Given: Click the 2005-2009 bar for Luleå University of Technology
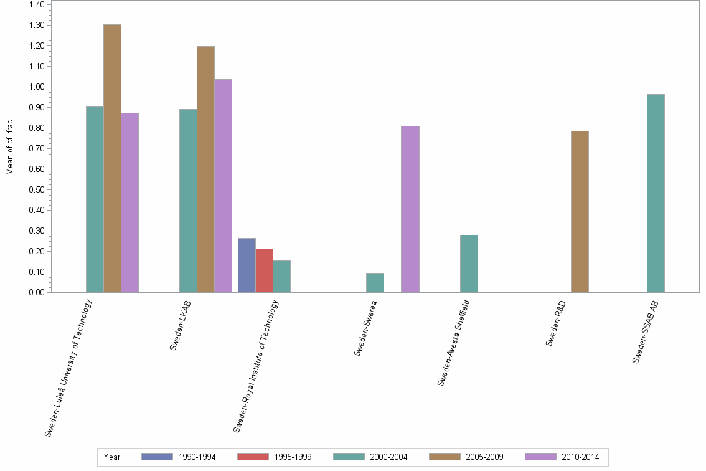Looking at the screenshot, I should point(112,158).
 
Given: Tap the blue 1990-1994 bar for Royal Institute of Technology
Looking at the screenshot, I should point(247,265).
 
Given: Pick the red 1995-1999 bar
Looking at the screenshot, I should point(264,270).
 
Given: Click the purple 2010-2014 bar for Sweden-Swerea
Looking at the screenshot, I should point(410,209).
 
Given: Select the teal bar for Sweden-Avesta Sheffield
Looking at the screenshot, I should point(469,264).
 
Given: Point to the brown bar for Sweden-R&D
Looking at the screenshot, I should point(580,211).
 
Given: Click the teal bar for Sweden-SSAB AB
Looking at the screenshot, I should point(656,193).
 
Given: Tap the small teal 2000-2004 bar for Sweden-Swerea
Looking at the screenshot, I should point(375,282).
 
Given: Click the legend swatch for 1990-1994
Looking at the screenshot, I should point(157,457).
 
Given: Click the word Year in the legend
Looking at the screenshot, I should point(112,457).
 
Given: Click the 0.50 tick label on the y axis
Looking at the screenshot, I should point(36,189).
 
